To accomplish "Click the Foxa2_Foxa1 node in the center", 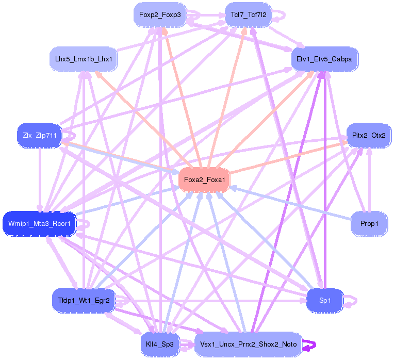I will [204, 180].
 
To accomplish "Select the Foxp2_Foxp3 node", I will [159, 15].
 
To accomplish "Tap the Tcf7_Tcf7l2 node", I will [250, 15].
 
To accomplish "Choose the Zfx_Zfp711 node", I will [39, 136].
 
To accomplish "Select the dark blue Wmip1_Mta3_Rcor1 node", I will [40, 224].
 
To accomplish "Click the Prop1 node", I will [369, 224].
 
